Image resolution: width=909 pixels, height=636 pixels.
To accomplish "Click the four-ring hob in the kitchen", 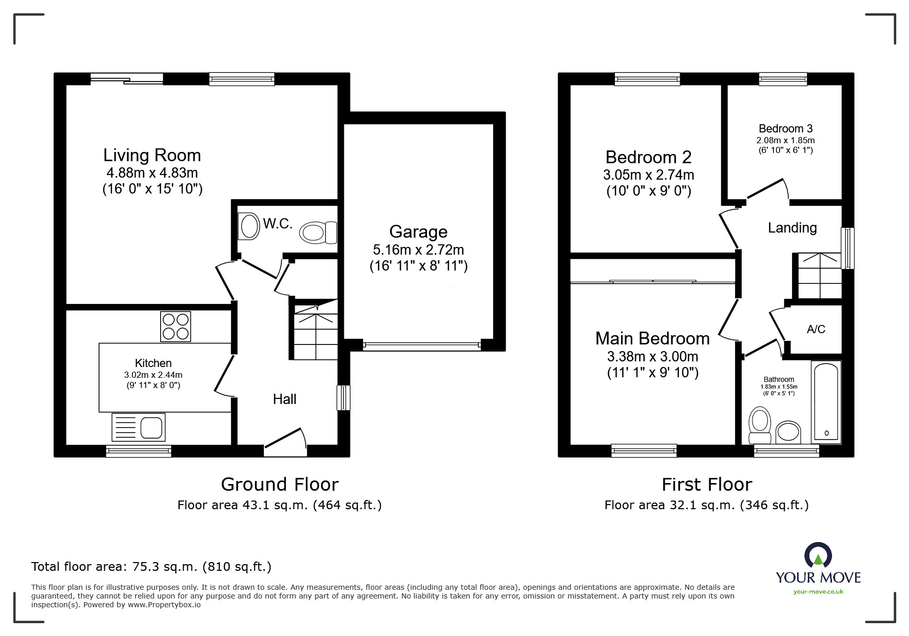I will [176, 326].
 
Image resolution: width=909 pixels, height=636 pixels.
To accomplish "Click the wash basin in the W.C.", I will [249, 226].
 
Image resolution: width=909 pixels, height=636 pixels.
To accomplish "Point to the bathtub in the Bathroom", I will [826, 402].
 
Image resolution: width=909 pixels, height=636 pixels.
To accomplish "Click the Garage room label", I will [418, 232].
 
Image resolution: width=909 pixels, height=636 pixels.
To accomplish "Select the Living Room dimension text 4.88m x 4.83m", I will [152, 173].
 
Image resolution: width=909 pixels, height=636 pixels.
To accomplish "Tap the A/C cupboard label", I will [816, 330].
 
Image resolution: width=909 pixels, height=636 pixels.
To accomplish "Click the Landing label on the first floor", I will [792, 228].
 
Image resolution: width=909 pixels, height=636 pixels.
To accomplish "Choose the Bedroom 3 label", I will [785, 129].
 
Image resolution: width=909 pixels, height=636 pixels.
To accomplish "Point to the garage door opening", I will [422, 345].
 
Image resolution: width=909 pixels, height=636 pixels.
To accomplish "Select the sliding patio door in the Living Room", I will [127, 79].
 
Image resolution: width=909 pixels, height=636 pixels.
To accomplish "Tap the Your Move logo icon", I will [818, 556].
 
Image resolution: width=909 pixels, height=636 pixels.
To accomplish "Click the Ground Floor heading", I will [279, 485].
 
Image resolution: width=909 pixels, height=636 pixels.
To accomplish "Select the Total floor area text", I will [151, 567].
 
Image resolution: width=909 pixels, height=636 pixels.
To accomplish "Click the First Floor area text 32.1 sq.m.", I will [706, 505].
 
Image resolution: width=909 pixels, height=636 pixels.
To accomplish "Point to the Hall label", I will [284, 399].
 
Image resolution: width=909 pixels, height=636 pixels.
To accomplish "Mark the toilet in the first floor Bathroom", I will [760, 425].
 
